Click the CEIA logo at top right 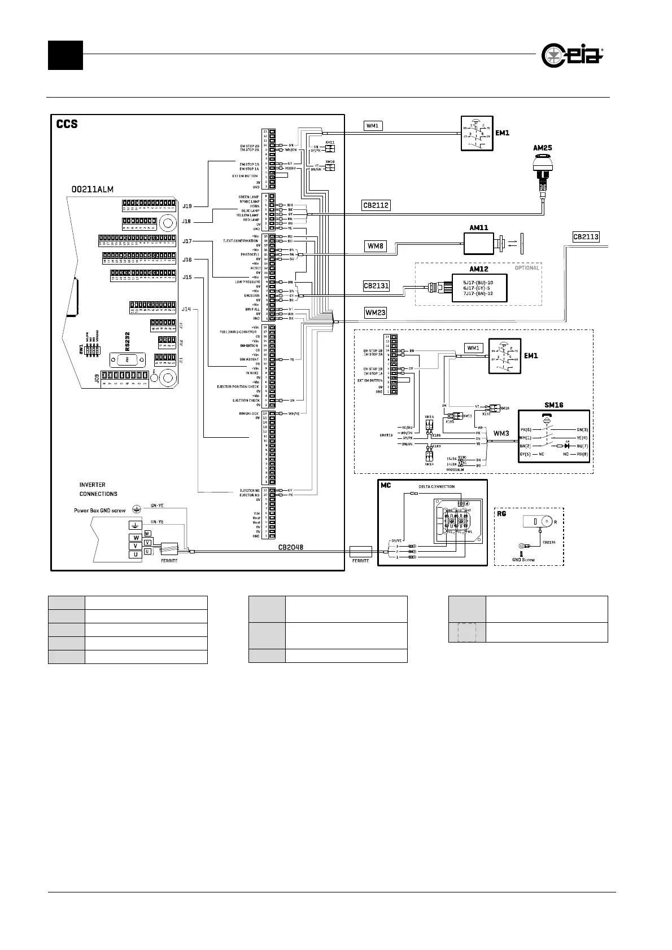click(572, 55)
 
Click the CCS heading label click(67, 124)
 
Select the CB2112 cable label click(376, 205)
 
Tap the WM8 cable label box click(376, 246)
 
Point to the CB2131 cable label click(376, 286)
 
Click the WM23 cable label click(376, 311)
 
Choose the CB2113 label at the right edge click(586, 237)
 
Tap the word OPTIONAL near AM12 click(526, 268)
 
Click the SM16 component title click(554, 404)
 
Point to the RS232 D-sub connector click(127, 359)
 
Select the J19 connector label click(187, 206)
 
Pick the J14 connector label click(187, 309)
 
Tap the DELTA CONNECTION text click(436, 486)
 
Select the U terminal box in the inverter click(136, 555)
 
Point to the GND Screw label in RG click(523, 560)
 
